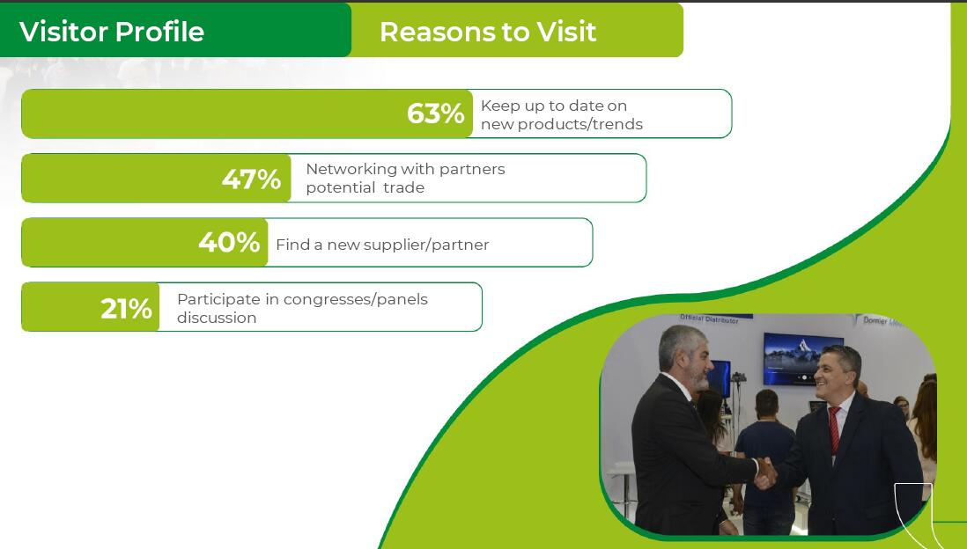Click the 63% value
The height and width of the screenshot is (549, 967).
point(435,113)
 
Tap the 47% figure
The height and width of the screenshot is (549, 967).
point(251,179)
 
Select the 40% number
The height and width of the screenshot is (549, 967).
point(229,242)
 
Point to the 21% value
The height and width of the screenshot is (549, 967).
point(127,309)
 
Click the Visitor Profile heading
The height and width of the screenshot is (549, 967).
point(112,32)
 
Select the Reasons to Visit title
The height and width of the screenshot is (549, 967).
point(488,32)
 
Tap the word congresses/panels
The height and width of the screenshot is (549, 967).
point(355,299)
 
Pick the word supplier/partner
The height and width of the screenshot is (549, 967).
point(426,245)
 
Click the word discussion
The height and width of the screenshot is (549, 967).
point(217,318)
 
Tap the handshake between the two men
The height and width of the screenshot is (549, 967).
point(765,473)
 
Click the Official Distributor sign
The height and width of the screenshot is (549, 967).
point(709,319)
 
